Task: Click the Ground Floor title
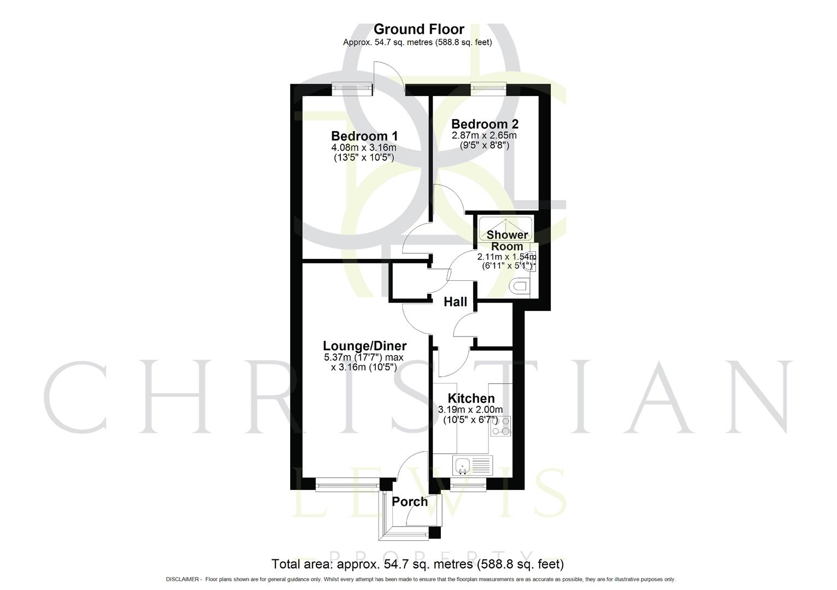coord(418,29)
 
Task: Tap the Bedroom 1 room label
coord(364,136)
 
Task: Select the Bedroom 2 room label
coord(485,124)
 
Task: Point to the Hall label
coord(455,302)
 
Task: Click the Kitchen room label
coord(471,399)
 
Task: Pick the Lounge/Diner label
coord(364,346)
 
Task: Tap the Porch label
coord(410,501)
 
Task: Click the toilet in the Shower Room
coord(520,286)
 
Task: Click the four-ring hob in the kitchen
coord(501,426)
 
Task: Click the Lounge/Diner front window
coord(347,483)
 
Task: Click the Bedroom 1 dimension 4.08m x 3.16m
coord(364,147)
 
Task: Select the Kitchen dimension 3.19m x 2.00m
coord(470,410)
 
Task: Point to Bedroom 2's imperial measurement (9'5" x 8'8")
coord(485,146)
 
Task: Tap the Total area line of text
coord(418,564)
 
